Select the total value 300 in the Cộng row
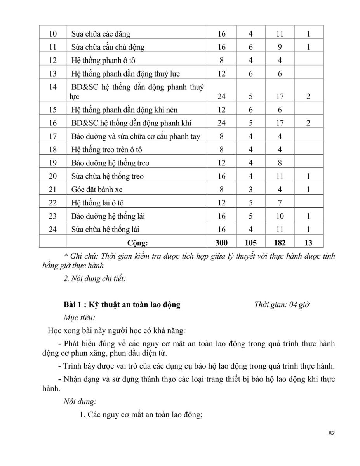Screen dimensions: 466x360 point(221,243)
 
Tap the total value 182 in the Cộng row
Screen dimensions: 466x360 point(280,243)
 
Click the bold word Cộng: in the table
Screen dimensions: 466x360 point(137,243)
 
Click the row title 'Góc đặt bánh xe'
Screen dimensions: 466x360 point(97,190)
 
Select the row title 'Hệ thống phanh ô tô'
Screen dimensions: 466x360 point(103,60)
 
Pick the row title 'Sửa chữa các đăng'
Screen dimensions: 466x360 point(101,34)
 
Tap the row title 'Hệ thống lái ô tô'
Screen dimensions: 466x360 point(97,203)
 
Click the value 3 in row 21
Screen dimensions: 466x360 point(250,190)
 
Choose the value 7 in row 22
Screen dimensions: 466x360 point(280,203)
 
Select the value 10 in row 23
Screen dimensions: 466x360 point(280,216)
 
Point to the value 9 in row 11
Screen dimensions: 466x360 point(280,47)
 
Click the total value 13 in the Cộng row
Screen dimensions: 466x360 point(308,243)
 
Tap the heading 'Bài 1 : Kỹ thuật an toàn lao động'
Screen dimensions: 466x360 point(122,304)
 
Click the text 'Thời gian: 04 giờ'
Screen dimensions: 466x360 point(282,304)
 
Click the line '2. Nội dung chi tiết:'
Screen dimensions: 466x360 point(94,278)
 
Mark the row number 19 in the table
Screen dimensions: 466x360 point(53,163)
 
